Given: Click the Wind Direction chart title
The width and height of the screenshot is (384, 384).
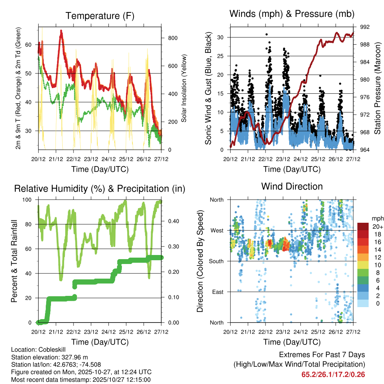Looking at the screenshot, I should tap(292, 186).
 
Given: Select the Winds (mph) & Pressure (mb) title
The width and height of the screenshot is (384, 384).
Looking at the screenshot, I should tap(292, 14).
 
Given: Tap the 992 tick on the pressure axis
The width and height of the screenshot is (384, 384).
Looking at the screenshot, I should tap(364, 27).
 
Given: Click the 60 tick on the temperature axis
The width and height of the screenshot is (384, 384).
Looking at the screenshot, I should tap(32, 45).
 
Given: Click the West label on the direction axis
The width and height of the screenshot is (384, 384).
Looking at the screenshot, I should tap(216, 230).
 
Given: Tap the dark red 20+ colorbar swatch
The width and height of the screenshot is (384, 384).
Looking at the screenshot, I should tap(363, 226).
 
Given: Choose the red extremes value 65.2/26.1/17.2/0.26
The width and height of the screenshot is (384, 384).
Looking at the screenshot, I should tap(333, 374).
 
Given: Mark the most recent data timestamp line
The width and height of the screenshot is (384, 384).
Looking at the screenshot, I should tap(81, 379).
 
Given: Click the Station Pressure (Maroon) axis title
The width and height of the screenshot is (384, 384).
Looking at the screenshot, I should tap(378, 88).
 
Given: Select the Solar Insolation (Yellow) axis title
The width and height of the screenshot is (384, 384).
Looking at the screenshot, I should tap(184, 88).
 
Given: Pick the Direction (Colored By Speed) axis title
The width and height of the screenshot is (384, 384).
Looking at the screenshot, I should tap(200, 261).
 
